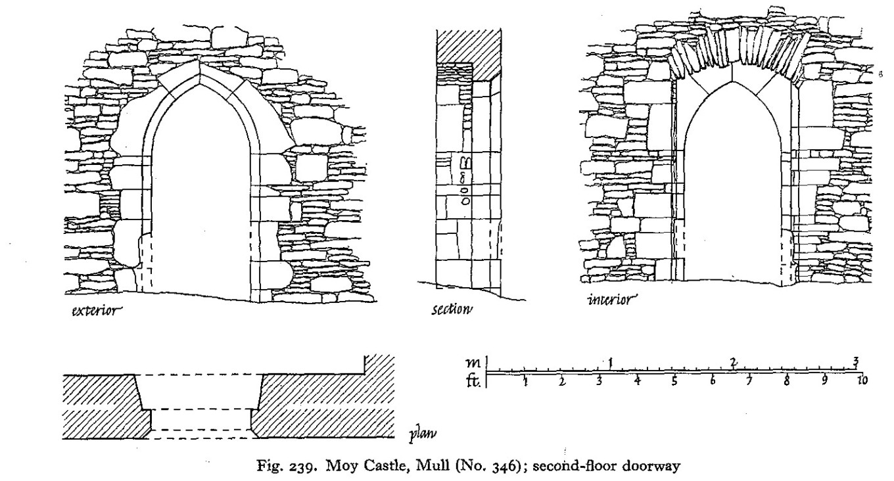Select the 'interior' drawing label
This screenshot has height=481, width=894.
(611, 301)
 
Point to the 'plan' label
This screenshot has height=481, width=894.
(419, 433)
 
